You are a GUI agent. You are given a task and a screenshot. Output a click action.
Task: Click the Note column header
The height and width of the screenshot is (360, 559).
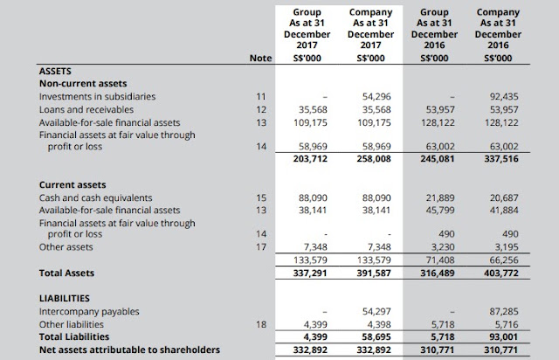tap(260, 59)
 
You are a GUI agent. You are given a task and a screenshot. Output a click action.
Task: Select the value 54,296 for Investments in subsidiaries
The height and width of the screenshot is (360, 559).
tap(376, 96)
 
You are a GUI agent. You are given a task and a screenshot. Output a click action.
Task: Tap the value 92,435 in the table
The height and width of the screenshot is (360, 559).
tap(504, 96)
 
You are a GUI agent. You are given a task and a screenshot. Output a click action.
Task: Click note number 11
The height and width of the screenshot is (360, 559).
tap(261, 96)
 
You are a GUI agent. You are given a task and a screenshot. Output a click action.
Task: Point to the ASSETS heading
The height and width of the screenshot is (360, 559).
tap(55, 71)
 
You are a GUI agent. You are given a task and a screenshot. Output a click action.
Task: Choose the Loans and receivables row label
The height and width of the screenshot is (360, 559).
tap(86, 109)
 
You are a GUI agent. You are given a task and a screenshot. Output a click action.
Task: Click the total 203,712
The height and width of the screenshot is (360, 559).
tap(310, 158)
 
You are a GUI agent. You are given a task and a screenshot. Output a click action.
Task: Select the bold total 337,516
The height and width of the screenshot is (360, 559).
tap(501, 158)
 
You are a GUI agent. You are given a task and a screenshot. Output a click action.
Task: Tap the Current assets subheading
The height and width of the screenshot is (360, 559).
tap(72, 185)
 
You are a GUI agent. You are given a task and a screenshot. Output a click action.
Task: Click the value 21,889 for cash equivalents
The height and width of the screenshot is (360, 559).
tap(440, 197)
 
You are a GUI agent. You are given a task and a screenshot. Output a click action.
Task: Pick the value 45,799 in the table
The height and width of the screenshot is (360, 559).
tap(440, 211)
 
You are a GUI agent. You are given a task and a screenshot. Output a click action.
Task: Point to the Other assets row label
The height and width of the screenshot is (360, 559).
tap(66, 247)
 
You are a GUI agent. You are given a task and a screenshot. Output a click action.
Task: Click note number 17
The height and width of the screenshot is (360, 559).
tap(261, 247)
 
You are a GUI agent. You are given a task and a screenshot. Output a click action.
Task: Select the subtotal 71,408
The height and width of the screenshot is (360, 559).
tap(440, 260)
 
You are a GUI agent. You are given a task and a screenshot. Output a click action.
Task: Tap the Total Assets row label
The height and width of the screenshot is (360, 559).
tap(66, 273)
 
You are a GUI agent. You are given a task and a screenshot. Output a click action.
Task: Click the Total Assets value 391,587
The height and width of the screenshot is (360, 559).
tap(374, 273)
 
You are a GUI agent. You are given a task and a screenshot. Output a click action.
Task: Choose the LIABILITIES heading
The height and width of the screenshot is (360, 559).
tap(65, 298)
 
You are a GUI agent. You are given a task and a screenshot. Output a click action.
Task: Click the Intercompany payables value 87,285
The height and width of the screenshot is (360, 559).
tap(504, 311)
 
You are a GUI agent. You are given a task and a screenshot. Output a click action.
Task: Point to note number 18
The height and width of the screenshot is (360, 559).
tap(261, 324)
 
